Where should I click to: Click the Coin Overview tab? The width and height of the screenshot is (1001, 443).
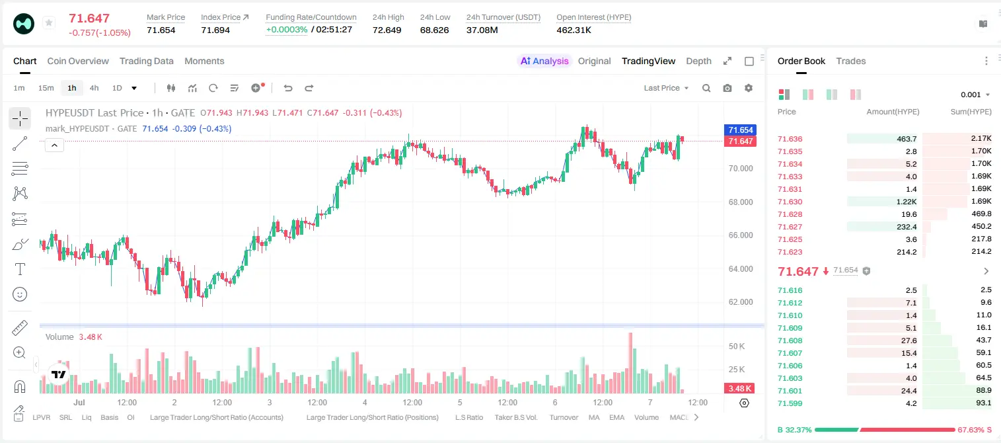[78, 61]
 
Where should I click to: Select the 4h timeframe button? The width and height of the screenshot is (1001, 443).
[94, 88]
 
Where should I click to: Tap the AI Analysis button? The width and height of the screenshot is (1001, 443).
[544, 61]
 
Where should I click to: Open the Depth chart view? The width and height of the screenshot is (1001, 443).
[698, 61]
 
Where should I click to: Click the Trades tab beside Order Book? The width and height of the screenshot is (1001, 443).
[851, 61]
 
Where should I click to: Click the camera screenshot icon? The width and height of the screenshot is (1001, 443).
[727, 88]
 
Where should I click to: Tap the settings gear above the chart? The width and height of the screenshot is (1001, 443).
[749, 88]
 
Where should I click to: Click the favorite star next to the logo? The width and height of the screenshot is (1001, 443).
[49, 22]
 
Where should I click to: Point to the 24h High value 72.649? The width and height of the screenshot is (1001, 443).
[387, 30]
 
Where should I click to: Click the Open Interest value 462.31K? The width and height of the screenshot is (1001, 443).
[574, 30]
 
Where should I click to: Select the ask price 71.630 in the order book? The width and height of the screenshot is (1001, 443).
[790, 202]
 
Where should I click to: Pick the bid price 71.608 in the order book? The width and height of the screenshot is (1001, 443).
[790, 341]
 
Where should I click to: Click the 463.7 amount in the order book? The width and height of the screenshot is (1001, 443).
[907, 139]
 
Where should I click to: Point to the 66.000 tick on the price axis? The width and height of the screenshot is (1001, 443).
[741, 235]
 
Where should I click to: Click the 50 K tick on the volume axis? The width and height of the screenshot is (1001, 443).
[737, 346]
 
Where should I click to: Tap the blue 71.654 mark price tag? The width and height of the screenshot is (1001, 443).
[740, 130]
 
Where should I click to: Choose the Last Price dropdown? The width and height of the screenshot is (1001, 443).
[666, 88]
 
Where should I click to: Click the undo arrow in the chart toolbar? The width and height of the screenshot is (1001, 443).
[288, 88]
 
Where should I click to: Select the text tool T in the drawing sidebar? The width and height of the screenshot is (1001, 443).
[20, 269]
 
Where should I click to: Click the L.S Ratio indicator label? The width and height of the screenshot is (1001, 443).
[468, 417]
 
